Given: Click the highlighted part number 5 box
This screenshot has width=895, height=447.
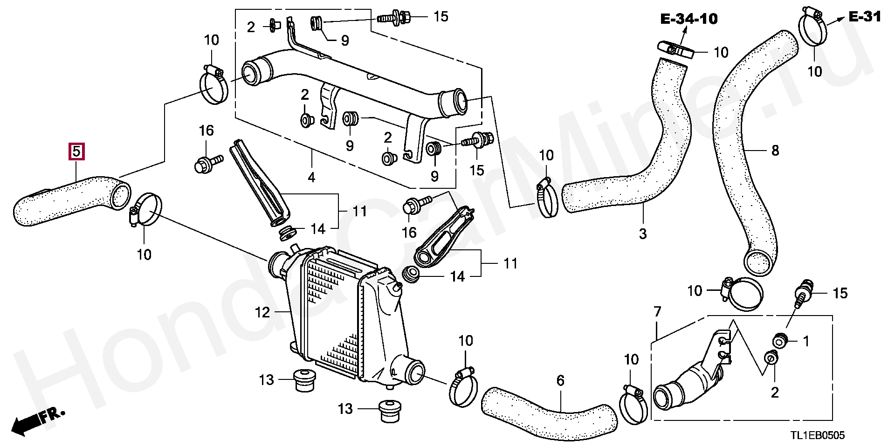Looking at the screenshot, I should tap(77, 151).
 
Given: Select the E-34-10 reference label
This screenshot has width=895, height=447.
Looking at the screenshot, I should tap(688, 19).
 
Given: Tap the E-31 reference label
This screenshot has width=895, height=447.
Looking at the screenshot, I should tap(864, 17).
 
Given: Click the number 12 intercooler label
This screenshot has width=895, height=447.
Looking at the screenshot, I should tap(262, 312).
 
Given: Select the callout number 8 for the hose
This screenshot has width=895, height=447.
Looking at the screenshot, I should tap(775, 151).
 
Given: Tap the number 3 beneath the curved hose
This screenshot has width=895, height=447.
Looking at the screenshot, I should tap(643, 234).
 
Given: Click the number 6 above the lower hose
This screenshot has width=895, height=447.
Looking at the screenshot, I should tap(560, 381).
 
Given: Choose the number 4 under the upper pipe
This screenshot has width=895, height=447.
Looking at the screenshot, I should tap(311, 177).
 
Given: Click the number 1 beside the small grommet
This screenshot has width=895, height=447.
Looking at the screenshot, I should tap(806, 342).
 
